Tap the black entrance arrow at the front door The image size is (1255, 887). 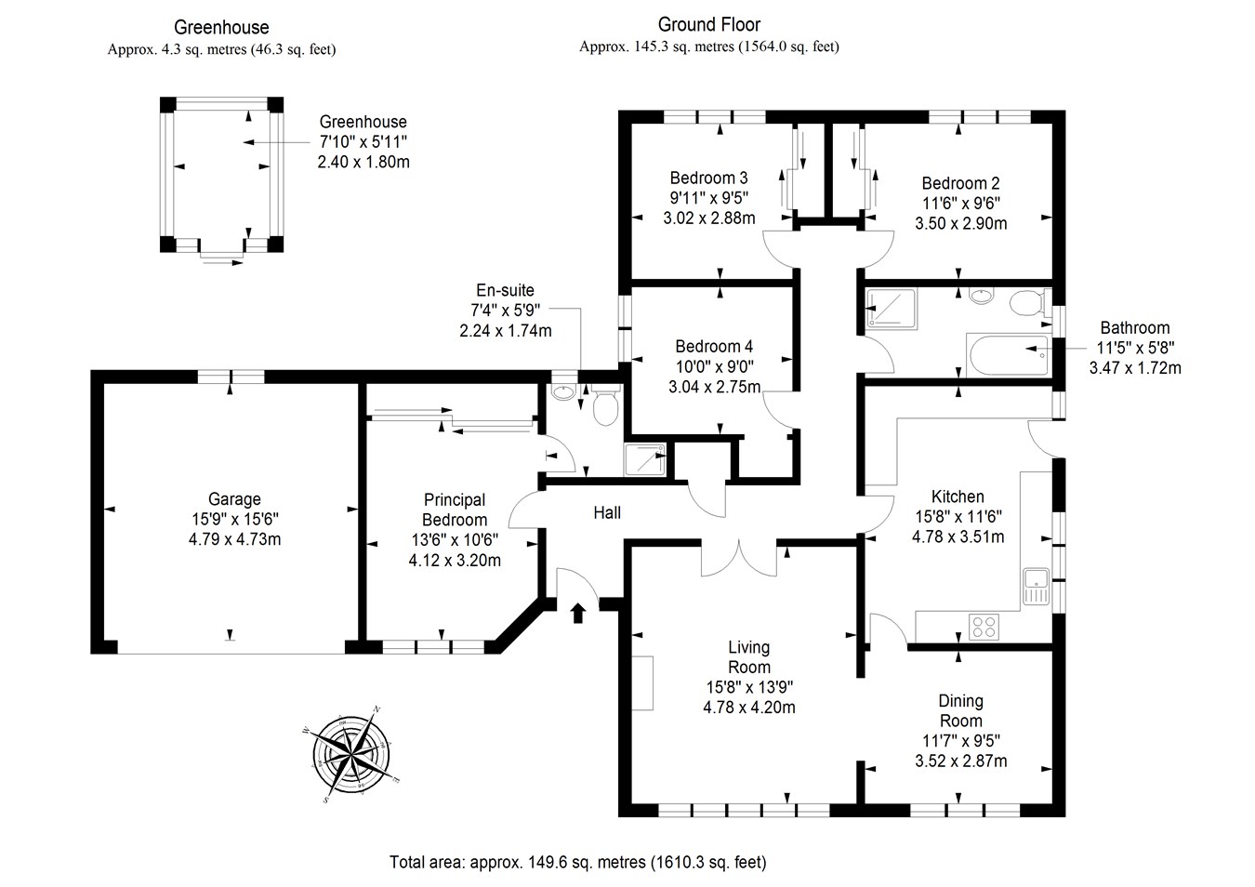click(x=578, y=613)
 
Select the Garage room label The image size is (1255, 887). click(x=234, y=499)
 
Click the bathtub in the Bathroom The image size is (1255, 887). click(x=1009, y=354)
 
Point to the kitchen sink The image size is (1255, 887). click(x=1036, y=585)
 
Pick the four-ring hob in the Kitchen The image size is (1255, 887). click(x=983, y=627)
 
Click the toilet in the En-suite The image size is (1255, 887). click(x=605, y=406)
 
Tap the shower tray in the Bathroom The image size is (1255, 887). click(x=891, y=309)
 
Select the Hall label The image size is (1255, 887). click(x=607, y=512)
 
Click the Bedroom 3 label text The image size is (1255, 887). click(x=708, y=178)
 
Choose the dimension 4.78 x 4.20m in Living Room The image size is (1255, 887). click(x=749, y=707)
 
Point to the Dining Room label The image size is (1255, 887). click(x=960, y=710)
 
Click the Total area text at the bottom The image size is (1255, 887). click(x=578, y=862)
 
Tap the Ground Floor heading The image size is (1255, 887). click(x=708, y=25)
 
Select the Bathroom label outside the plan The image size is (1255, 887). click(x=1134, y=327)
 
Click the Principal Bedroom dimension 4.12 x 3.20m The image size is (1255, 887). click(x=455, y=560)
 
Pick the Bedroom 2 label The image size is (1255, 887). click(x=960, y=183)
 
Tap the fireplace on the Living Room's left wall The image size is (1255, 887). click(x=642, y=682)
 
